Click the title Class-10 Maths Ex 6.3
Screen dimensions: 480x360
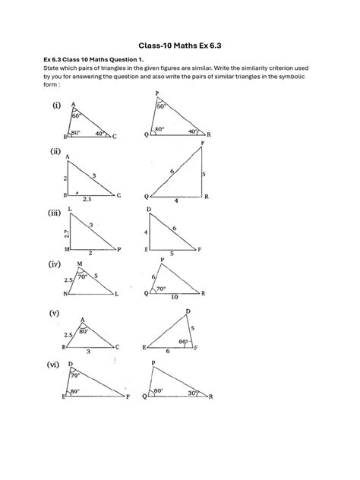pos(179,46)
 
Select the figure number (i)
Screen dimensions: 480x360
pos(58,106)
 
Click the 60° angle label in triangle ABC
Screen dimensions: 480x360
pos(76,116)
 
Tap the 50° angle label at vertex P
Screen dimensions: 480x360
pos(160,107)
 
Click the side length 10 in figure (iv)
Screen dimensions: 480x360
pos(175,297)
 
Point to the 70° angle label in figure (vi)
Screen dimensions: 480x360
pos(75,375)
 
